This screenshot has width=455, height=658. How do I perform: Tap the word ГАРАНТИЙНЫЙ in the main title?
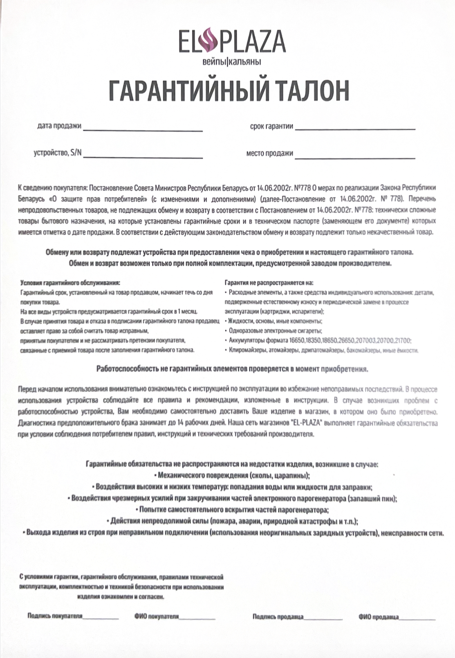189,91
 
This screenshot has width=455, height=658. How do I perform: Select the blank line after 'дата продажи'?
143,130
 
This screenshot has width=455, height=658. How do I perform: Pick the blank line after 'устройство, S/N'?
143,157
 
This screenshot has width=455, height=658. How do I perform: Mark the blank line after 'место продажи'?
355,158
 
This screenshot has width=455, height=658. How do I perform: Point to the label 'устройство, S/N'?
58,153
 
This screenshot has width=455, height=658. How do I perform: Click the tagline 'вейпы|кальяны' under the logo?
232,62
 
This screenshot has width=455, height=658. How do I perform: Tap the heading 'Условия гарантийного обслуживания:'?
70,283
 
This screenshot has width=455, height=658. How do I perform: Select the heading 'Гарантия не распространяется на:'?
269,283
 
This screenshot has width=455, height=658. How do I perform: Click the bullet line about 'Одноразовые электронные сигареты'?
276,331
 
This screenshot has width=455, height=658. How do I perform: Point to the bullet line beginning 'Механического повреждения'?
232,476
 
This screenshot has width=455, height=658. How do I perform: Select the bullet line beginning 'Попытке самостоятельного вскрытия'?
232,510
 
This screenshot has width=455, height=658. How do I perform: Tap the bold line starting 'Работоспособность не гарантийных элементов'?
232,369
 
